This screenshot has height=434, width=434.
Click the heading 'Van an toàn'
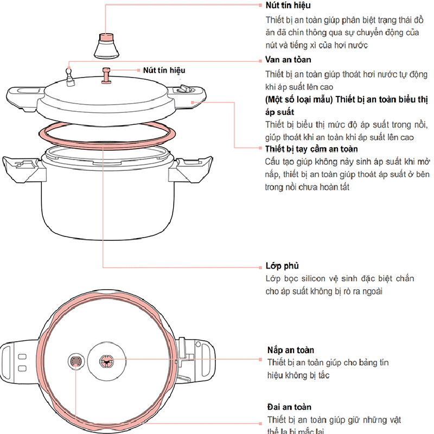pyautogui.click(x=288, y=60)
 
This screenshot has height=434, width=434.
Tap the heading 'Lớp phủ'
pyautogui.click(x=282, y=266)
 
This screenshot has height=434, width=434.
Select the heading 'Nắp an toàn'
pyautogui.click(x=290, y=350)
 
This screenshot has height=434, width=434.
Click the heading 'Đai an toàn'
pyautogui.click(x=289, y=406)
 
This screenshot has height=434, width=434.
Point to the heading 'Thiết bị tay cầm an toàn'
pyautogui.click(x=311, y=149)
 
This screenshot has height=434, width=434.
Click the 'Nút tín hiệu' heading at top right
pyautogui.click(x=288, y=5)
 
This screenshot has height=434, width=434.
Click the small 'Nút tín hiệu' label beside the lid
pyautogui.click(x=164, y=71)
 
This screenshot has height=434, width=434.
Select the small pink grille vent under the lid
pyautogui.click(x=76, y=362)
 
